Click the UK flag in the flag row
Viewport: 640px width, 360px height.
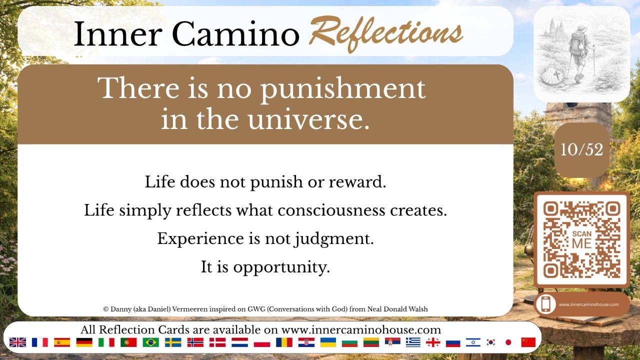17,342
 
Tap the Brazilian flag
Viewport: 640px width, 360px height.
150,342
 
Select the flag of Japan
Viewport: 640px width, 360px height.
508,342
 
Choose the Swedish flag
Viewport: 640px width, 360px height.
173,342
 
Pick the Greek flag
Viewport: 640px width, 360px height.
413,342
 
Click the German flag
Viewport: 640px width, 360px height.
84,342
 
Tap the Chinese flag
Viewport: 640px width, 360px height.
528,342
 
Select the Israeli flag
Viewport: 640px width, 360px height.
473,342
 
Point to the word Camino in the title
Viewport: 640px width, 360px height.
235,33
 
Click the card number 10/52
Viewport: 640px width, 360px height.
581,149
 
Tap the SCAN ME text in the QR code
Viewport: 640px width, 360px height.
582,240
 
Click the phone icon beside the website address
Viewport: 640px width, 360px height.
545,304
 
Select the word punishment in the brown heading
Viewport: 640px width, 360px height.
343,89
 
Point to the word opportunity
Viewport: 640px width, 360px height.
281,267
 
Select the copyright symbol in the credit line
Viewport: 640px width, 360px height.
106,309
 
